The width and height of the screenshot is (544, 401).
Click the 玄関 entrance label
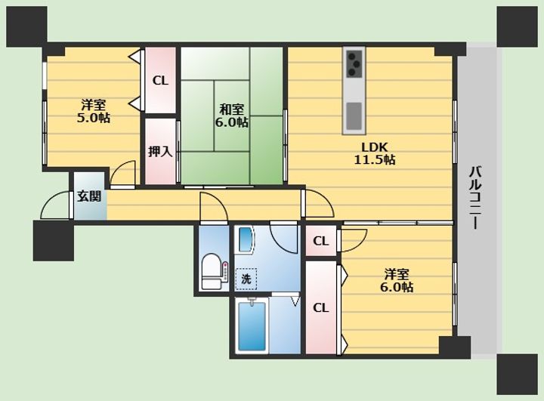coord(89,196)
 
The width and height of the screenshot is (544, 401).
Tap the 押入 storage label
coord(160,151)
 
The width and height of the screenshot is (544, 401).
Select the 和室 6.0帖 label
coord(231,116)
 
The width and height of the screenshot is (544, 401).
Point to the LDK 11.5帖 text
coord(374,153)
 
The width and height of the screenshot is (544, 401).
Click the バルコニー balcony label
coord(475,198)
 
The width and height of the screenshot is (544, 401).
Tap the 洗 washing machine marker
coord(246,279)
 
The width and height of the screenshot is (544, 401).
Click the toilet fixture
coord(212,272)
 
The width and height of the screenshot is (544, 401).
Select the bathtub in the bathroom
coord(252,325)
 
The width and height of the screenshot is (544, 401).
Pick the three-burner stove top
coord(354,64)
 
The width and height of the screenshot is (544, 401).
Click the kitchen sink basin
coord(354,116)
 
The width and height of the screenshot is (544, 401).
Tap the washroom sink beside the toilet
coord(246,240)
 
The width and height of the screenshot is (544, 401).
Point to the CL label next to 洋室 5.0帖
coord(160,81)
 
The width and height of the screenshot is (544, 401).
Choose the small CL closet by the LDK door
coord(321,241)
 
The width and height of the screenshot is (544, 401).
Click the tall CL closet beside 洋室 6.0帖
coord(321,307)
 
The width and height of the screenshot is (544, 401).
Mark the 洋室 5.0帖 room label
coord(94,111)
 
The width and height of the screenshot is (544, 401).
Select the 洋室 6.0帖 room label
coord(397,280)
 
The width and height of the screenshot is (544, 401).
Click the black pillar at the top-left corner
coord(26,26)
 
